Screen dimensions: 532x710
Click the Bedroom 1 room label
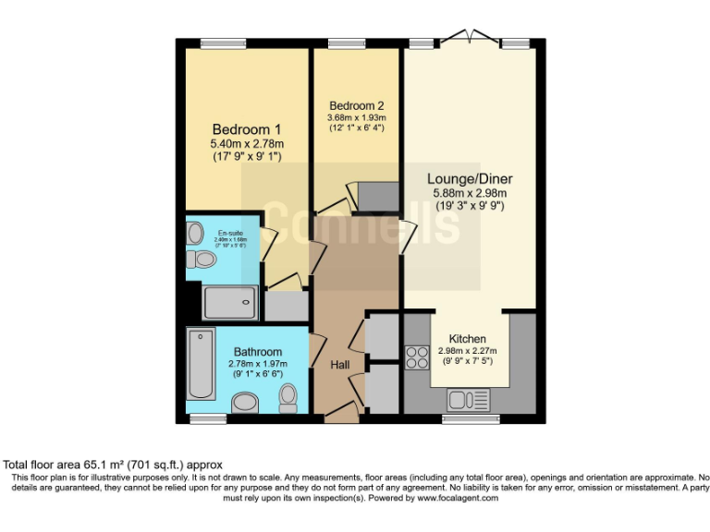coord(247,128)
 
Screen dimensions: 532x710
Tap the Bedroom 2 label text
coord(356,104)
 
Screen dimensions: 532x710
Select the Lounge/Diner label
coord(470,178)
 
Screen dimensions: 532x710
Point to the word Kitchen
coord(467,339)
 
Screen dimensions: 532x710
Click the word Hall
coord(339,366)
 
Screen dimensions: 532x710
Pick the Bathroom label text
coord(258,352)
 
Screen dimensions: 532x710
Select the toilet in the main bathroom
coord(288,398)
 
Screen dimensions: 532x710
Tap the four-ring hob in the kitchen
coord(416,357)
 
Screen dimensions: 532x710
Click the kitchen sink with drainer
coord(469,400)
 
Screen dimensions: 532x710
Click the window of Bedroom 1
coord(222,42)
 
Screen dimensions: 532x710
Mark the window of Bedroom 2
coord(347,42)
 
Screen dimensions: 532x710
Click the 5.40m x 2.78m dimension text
coord(247,143)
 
